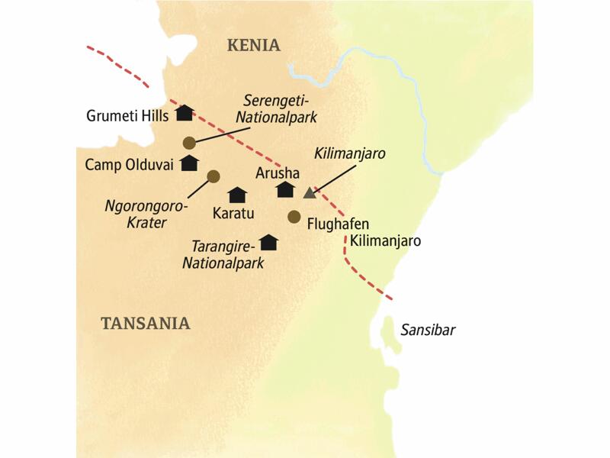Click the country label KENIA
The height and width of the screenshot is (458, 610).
pos(253,46)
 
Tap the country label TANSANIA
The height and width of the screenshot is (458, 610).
pos(145,324)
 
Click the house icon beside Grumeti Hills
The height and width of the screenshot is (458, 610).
pos(184,113)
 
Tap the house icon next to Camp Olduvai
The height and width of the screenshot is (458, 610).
pos(189,163)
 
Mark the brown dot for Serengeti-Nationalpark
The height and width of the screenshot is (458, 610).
pos(189,142)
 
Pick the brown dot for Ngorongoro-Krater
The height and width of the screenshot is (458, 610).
pos(213,176)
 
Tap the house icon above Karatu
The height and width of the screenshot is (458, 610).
pos(238,195)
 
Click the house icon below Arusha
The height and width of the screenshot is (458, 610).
pos(285,189)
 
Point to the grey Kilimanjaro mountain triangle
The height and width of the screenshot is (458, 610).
pos(310,192)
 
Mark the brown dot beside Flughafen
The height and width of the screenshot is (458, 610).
pos(294,217)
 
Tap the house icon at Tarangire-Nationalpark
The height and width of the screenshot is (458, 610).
pos(268,242)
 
